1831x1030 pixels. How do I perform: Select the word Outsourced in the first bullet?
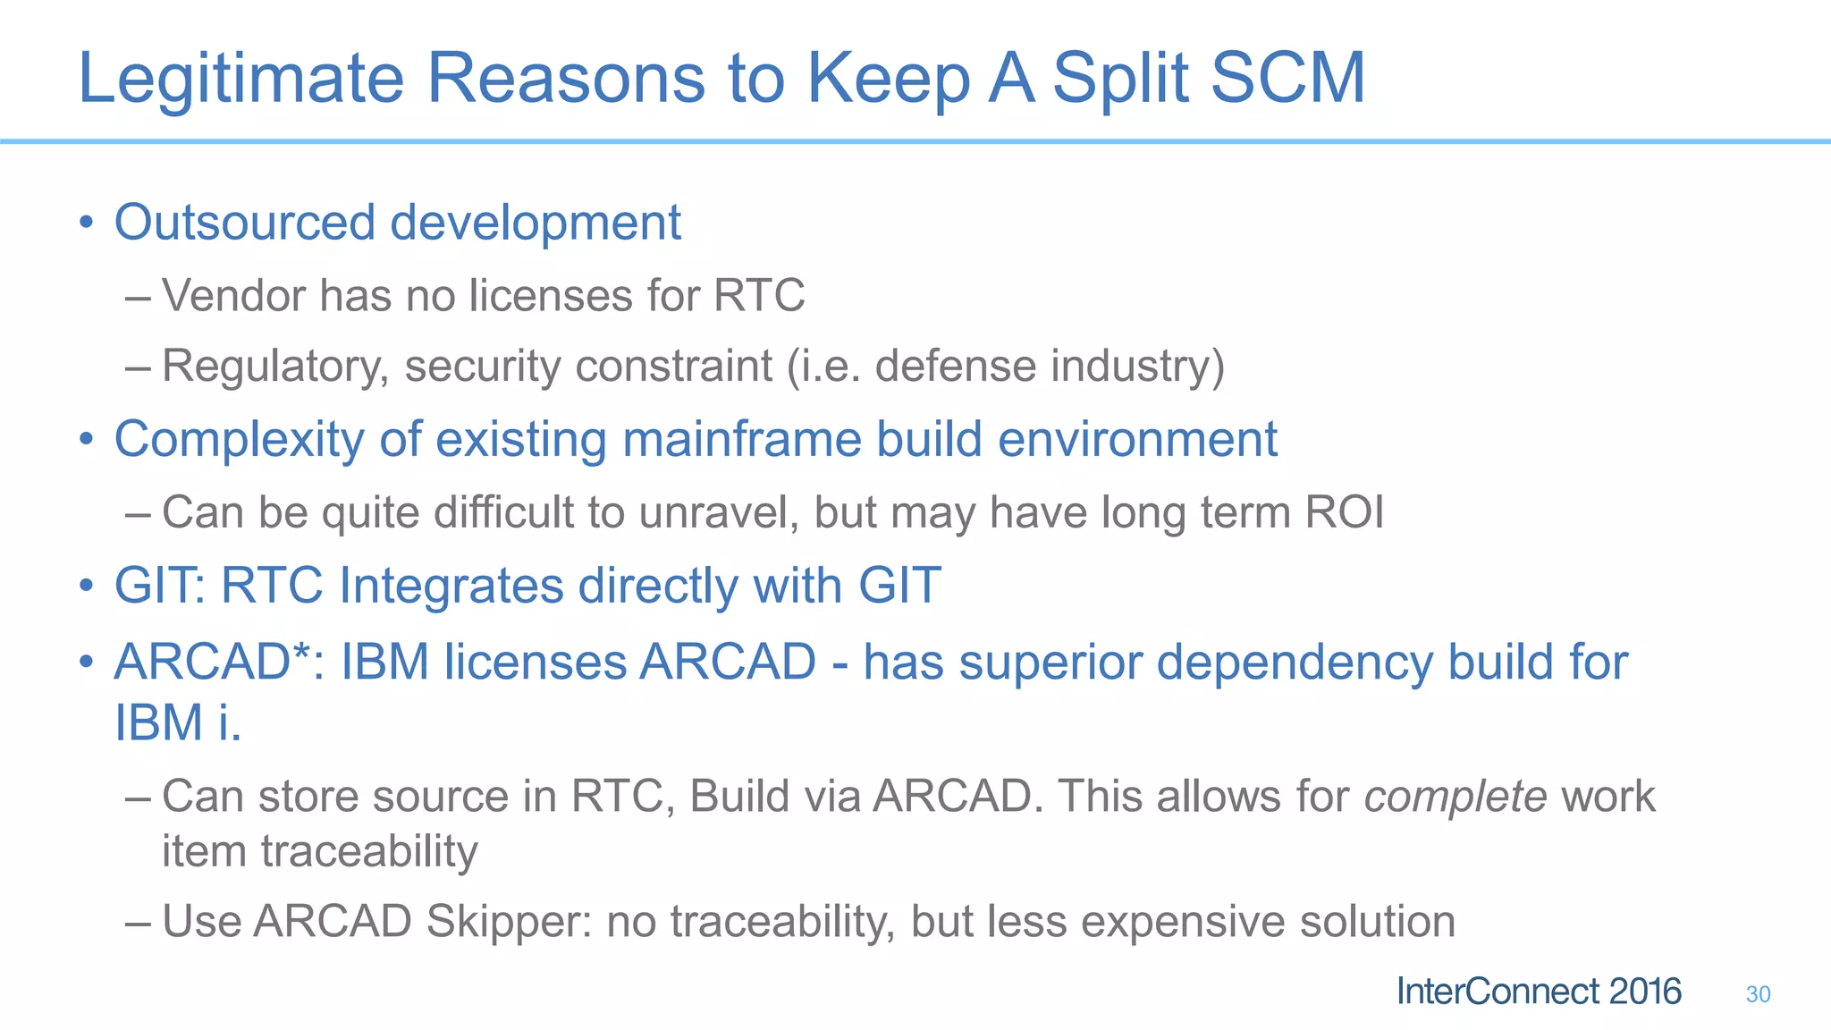(x=244, y=222)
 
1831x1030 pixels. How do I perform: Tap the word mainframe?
(x=742, y=440)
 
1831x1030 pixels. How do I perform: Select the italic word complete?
(x=1455, y=796)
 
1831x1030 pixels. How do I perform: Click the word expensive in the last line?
(x=1182, y=921)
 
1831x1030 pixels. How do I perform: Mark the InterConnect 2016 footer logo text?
(x=1539, y=992)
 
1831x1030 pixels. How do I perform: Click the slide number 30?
(x=1758, y=994)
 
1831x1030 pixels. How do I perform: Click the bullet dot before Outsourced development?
(x=86, y=222)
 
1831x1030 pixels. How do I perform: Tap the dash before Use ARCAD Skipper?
(x=138, y=921)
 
